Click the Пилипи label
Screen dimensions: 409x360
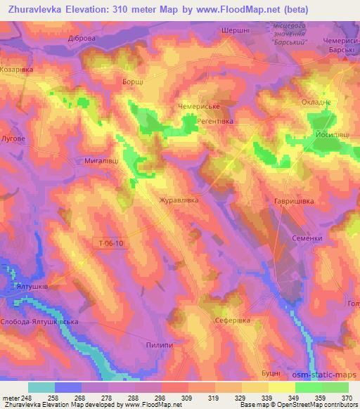click(x=160, y=346)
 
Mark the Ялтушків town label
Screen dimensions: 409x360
click(x=34, y=287)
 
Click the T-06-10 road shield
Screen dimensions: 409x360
click(x=110, y=243)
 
